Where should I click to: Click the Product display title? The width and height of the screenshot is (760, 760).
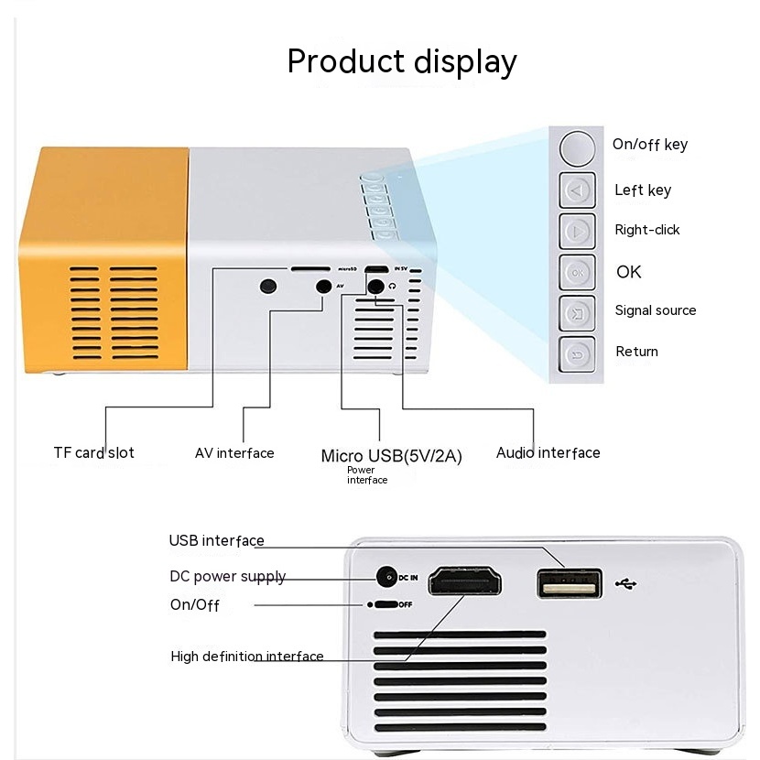coord(402,61)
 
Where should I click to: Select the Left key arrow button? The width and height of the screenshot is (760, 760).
coord(577,191)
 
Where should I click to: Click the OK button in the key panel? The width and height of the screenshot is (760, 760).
coord(577,272)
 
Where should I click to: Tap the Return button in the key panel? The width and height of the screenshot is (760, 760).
coord(577,353)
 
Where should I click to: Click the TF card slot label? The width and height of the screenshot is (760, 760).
coord(93,452)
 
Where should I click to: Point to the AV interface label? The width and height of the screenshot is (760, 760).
coord(234,452)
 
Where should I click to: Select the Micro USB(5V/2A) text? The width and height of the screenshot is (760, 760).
coord(391,456)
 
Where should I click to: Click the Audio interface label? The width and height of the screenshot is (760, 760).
coord(548,452)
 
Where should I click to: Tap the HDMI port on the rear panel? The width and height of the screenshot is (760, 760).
coord(465,580)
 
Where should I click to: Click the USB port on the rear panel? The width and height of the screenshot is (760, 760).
coord(569,583)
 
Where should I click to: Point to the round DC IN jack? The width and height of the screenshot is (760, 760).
coord(386,577)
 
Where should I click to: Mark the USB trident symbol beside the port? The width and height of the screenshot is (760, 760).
coord(631,583)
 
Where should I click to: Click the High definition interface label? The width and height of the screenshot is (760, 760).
coord(247,657)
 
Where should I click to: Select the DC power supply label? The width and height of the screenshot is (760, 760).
coord(227,577)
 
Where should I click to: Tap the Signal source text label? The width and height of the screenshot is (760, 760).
coord(655,310)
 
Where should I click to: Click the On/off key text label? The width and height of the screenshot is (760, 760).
coord(649,144)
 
